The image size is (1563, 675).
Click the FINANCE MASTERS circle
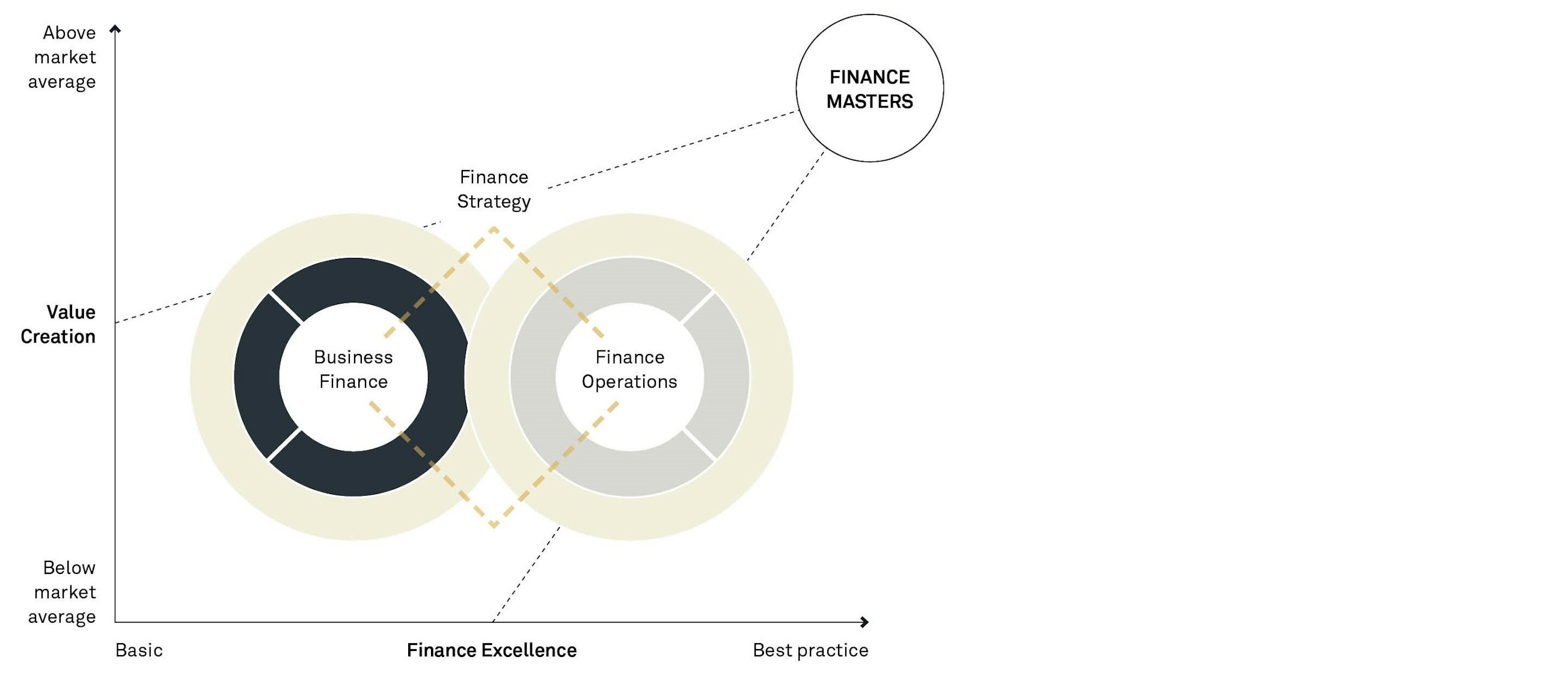tap(869, 88)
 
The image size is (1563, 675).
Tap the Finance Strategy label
tap(494, 189)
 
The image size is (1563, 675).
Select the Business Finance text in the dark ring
tap(353, 369)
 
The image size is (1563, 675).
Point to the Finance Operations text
tap(629, 369)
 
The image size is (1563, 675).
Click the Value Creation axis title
tap(58, 325)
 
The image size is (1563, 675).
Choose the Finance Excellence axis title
tap(492, 650)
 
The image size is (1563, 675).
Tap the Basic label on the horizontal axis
tap(139, 650)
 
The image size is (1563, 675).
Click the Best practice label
tap(810, 650)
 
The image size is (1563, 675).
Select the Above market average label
tap(62, 57)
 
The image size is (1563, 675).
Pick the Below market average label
tap(62, 592)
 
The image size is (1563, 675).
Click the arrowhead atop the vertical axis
tap(115, 28)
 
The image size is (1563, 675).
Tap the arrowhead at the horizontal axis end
tap(864, 622)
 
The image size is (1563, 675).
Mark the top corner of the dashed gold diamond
tap(494, 229)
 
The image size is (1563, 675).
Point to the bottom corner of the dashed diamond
tap(494, 525)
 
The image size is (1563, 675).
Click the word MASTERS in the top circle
tap(869, 102)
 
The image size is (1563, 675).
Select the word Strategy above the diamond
tap(494, 201)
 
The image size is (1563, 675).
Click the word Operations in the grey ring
tap(629, 382)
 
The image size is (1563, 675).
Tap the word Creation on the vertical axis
tap(58, 337)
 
